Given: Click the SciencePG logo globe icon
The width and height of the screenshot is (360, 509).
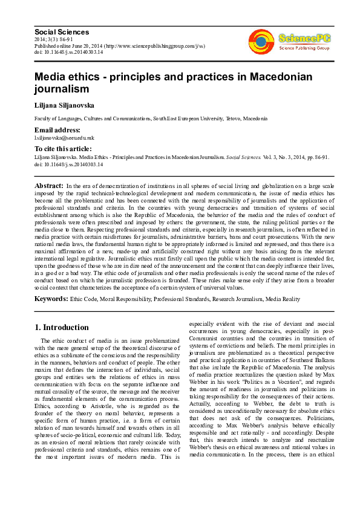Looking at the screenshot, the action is [x=261, y=41].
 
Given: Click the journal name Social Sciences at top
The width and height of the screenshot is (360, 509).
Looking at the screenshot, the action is [x=62, y=31].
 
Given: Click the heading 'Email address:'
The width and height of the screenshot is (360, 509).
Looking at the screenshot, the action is [x=57, y=129].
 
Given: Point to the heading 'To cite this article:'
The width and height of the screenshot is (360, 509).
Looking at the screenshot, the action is [x=63, y=148].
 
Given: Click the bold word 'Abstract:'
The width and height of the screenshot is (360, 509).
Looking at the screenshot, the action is [x=49, y=185].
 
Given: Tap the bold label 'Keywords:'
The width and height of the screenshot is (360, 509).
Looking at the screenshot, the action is [x=51, y=299].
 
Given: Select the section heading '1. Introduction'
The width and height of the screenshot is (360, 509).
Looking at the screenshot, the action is [x=61, y=328].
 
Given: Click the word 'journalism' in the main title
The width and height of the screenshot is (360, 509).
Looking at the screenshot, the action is [x=62, y=89].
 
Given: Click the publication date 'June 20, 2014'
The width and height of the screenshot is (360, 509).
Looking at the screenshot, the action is [x=87, y=45].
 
